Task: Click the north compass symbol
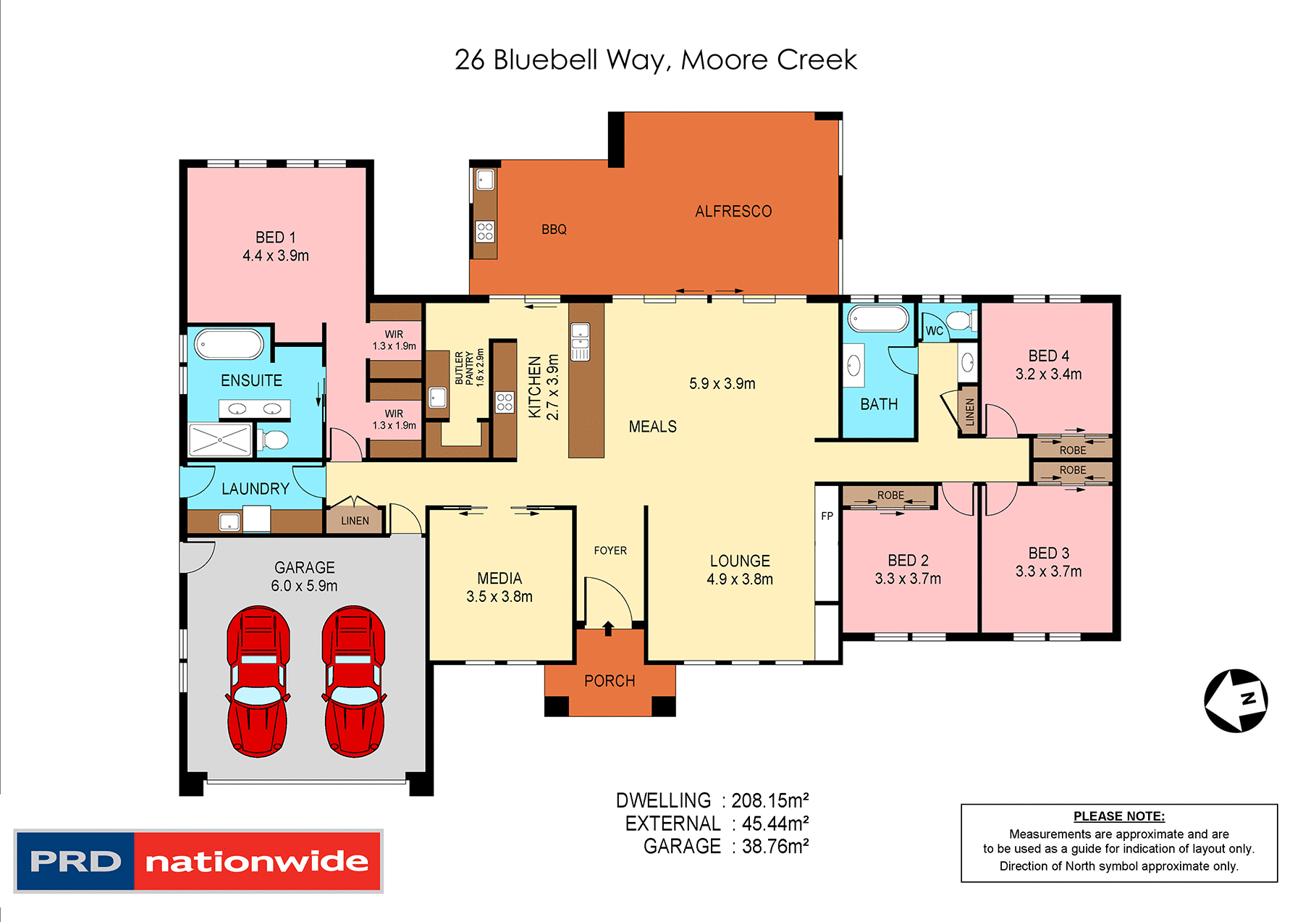[1236, 700]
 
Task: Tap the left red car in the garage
[258, 682]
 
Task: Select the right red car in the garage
[354, 682]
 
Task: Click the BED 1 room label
[276, 238]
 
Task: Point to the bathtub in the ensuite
[229, 345]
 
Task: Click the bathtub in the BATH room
[878, 319]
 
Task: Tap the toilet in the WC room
[961, 321]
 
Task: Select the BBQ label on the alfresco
[554, 230]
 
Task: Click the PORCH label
[610, 681]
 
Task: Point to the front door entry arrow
[608, 628]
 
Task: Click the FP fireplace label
[827, 516]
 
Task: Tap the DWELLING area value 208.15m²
[769, 800]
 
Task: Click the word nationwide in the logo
[257, 861]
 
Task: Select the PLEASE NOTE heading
[1118, 816]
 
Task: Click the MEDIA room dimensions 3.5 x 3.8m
[499, 597]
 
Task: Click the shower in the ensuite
[219, 440]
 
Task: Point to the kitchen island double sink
[580, 342]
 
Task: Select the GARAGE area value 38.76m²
[775, 846]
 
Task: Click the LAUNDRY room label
[255, 489]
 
